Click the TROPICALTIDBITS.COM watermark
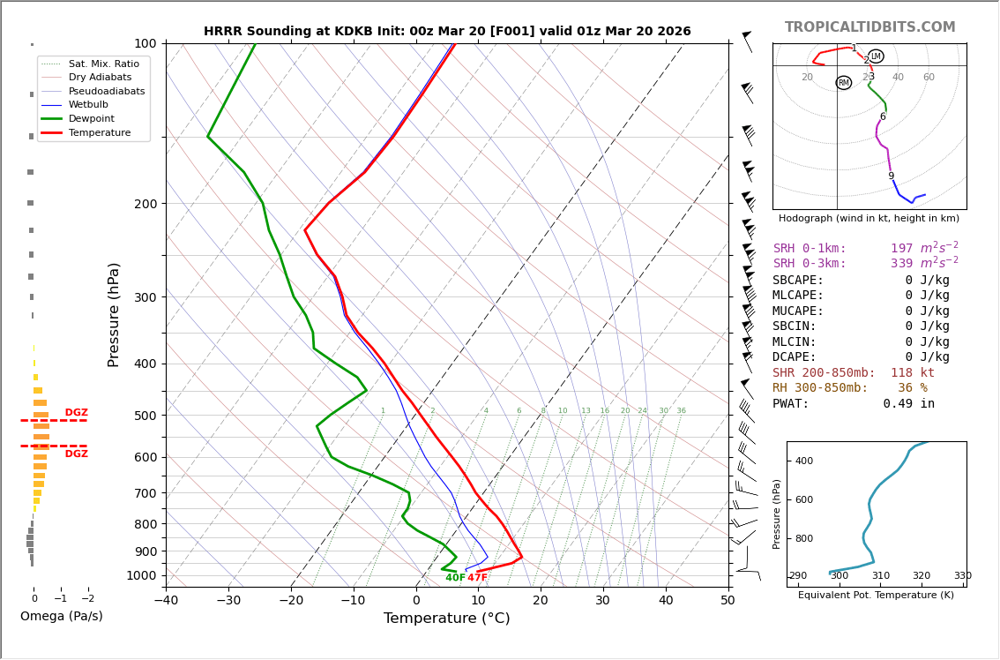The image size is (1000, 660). [x=869, y=27]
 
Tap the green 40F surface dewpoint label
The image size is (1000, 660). [x=455, y=578]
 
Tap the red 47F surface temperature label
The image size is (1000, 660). [x=477, y=578]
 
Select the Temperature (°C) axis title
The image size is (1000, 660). [x=446, y=619]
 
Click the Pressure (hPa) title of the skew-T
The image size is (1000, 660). [x=114, y=314]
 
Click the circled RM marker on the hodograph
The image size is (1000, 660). [x=844, y=83]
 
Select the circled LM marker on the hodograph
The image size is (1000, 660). [x=876, y=56]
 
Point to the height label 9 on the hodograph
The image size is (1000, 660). [x=891, y=176]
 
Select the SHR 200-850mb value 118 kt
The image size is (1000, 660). [x=913, y=373]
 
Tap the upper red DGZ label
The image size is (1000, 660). [x=77, y=413]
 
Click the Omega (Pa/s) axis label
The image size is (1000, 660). [x=62, y=617]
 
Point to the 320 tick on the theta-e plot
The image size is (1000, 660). [x=921, y=576]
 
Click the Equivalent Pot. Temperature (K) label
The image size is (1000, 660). [x=876, y=596]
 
